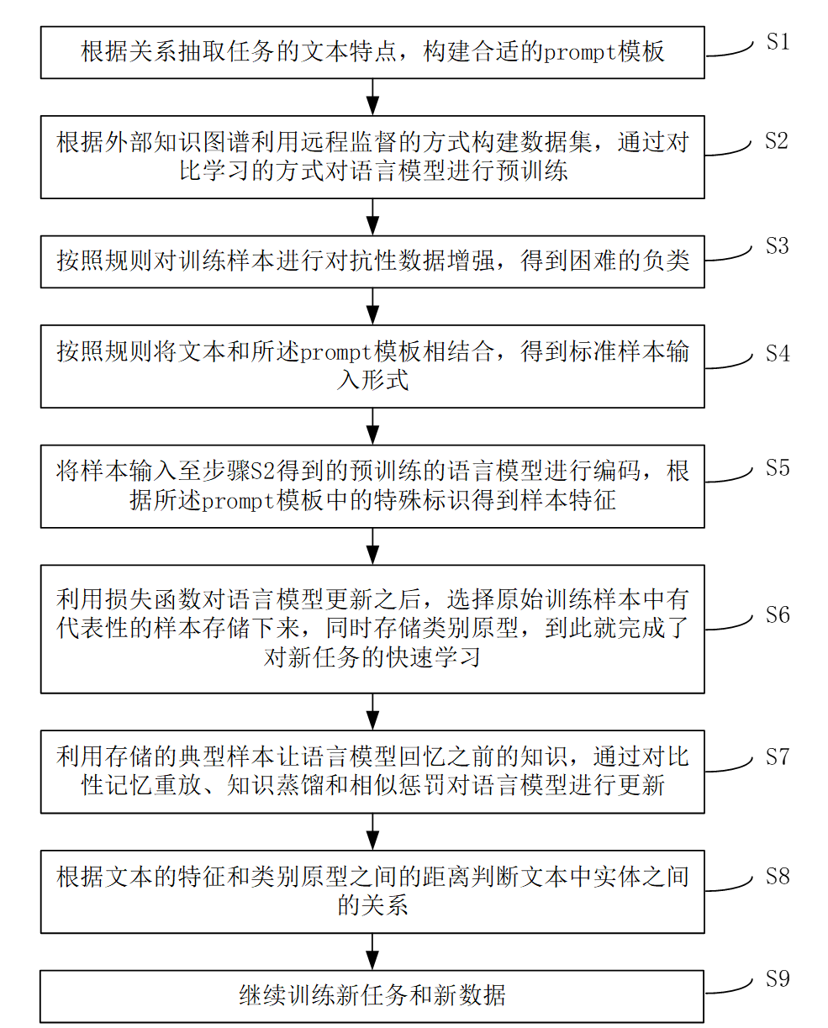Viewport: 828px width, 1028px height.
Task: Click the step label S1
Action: pos(778,41)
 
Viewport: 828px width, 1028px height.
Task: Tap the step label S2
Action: pos(777,140)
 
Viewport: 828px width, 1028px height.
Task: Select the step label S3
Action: pos(778,245)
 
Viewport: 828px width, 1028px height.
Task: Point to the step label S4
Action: pos(778,354)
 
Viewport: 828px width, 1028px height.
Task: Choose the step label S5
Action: pos(778,467)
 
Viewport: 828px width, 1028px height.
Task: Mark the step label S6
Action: pos(778,614)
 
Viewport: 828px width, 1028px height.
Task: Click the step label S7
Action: pos(778,757)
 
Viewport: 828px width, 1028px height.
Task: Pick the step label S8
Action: pos(778,876)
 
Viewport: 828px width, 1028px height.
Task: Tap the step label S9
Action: pos(778,978)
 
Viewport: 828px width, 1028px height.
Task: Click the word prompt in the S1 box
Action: pos(579,53)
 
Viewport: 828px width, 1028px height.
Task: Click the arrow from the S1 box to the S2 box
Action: pos(372,97)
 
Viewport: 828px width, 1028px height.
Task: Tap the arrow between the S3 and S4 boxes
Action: pos(372,306)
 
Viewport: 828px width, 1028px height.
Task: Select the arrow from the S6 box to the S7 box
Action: pos(372,712)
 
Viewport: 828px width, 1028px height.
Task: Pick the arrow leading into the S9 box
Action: pos(372,952)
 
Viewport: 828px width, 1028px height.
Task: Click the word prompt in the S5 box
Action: pos(238,502)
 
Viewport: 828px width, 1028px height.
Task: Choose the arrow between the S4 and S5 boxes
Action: pos(372,426)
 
